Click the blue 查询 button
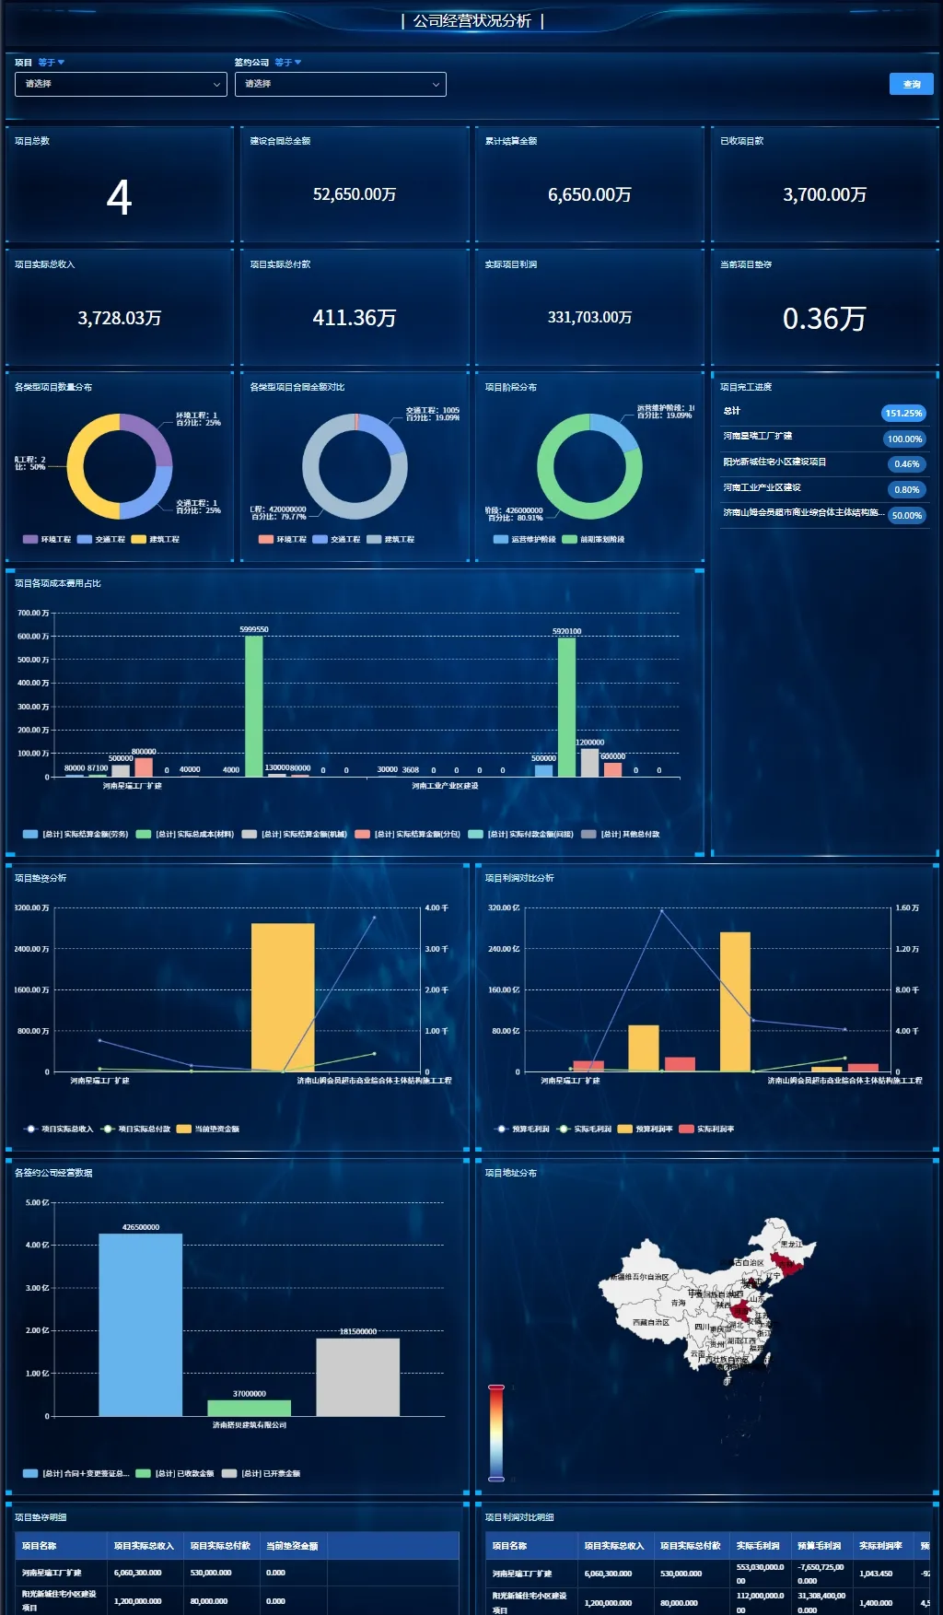(x=911, y=84)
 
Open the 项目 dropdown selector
(x=120, y=84)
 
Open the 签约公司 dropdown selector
(x=340, y=84)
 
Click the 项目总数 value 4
(x=119, y=197)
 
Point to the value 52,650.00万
(x=355, y=194)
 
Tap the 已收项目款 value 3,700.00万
(x=824, y=194)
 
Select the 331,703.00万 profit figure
(x=589, y=317)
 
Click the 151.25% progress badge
(x=903, y=414)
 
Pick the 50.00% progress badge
(x=906, y=516)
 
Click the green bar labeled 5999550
(x=254, y=705)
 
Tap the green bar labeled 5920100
(x=566, y=707)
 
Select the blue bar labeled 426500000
(x=141, y=1324)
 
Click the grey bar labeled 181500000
(x=357, y=1376)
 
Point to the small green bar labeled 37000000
(x=249, y=1408)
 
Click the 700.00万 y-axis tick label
(x=33, y=613)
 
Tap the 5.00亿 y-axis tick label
(x=38, y=1202)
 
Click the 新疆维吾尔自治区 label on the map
(x=639, y=1277)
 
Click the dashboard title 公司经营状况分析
(x=471, y=20)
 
